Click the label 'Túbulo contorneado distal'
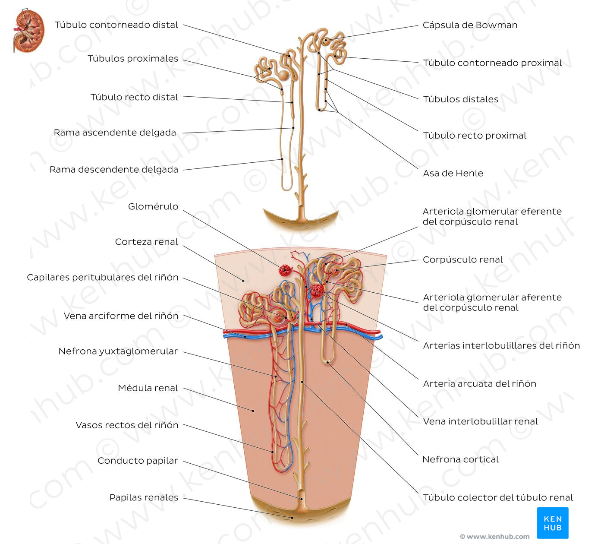coord(116,25)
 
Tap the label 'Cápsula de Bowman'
coord(470,25)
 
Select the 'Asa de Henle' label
coord(453,174)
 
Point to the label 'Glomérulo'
coord(153,207)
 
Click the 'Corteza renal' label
coord(146,242)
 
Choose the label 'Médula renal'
coord(148,388)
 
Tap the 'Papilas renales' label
coord(144,498)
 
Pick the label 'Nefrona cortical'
coord(460,460)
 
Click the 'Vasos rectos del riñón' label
coord(127,425)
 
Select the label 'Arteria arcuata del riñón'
coord(479,384)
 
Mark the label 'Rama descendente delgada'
coord(114,170)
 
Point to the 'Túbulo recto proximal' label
coord(475,136)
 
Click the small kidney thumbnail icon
coord(29,31)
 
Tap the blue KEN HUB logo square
coord(553,523)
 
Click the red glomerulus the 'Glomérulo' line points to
coord(285,270)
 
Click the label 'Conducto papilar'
coord(138,461)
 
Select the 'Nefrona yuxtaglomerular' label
coord(118,351)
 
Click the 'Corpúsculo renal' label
coord(462,260)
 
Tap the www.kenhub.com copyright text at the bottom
coord(494,537)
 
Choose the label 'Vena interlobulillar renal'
coord(480,422)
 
